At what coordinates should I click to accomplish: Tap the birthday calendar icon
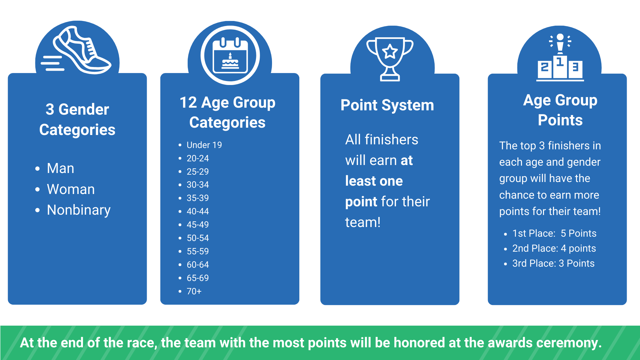[x=230, y=55]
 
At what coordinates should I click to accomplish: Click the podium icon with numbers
[x=560, y=58]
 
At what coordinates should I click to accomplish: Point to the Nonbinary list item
[x=79, y=210]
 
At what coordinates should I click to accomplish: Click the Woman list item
[x=71, y=189]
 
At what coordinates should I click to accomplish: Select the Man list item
[x=60, y=168]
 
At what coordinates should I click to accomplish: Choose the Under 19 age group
[x=204, y=145]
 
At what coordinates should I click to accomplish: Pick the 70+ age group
[x=194, y=291]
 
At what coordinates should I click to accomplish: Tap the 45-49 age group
[x=198, y=225]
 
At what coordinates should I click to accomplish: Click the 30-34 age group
[x=198, y=185]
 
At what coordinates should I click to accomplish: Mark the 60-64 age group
[x=198, y=265]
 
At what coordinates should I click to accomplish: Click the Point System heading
[x=387, y=105]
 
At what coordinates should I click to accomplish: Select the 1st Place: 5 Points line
[x=554, y=233]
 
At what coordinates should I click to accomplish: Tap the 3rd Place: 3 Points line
[x=553, y=263]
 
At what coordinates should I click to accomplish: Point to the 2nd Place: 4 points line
[x=554, y=248]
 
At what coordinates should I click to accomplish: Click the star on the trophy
[x=390, y=51]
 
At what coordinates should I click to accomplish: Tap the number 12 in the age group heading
[x=188, y=103]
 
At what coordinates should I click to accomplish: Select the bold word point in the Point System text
[x=361, y=202]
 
